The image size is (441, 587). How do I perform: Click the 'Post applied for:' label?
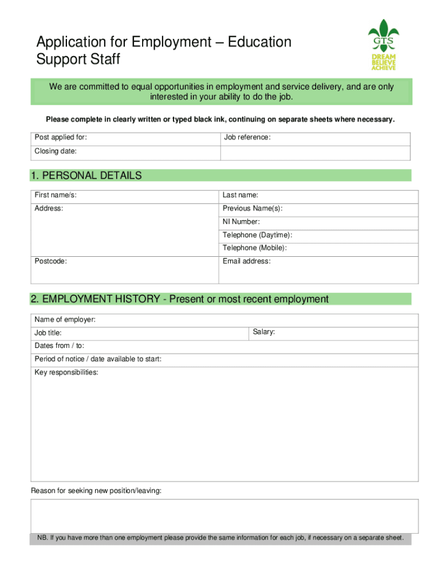click(61, 138)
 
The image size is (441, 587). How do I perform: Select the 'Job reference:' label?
click(247, 138)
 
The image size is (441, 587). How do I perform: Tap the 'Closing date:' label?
click(56, 151)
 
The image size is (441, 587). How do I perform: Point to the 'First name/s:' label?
click(56, 195)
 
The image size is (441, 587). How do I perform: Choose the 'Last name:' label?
click(241, 195)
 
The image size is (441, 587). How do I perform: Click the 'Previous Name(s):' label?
click(252, 209)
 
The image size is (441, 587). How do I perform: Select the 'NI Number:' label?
click(241, 222)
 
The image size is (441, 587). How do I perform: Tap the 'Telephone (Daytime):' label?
click(257, 235)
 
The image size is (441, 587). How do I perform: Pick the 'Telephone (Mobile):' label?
click(255, 248)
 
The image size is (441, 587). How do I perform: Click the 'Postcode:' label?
click(50, 261)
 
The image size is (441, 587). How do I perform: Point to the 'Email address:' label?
click(247, 261)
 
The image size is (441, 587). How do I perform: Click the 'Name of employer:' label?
click(65, 319)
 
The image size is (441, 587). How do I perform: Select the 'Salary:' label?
click(264, 332)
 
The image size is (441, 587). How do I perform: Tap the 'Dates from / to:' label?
click(59, 346)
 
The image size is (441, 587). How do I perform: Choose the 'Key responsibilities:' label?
click(66, 373)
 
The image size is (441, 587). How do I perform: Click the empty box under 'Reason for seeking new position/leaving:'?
click(224, 515)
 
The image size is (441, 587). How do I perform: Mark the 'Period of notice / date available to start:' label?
click(97, 359)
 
